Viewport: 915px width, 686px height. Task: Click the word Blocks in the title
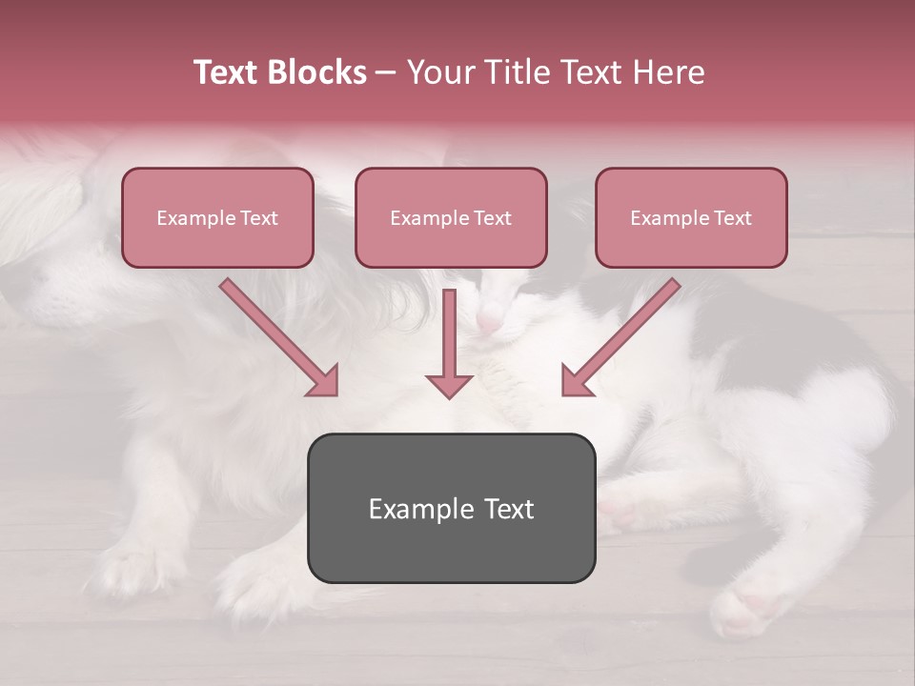point(318,72)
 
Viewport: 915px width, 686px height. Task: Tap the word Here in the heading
point(668,72)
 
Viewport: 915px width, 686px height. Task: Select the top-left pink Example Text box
point(217,218)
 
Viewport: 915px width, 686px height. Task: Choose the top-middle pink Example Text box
point(451,218)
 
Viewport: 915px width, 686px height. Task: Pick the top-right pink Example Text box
point(691,218)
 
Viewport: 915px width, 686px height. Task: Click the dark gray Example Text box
point(451,509)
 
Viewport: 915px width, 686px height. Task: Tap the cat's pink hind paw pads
point(753,606)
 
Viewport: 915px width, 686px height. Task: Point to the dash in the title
point(386,72)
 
